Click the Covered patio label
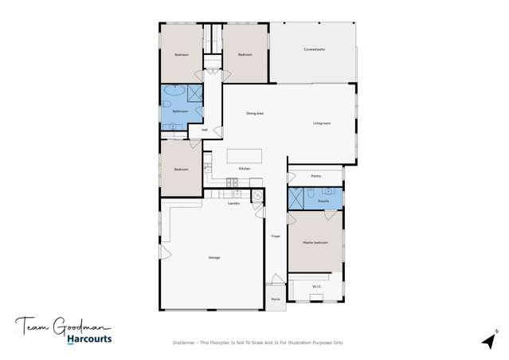tap(315, 49)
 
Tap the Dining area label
tap(255, 114)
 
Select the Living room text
tap(322, 123)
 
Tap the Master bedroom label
tap(316, 241)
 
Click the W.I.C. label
tap(316, 285)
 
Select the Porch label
tap(276, 299)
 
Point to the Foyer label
tap(276, 236)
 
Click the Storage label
tap(214, 258)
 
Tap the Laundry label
tap(234, 204)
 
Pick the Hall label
tap(205, 129)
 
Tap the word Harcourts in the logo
tap(89, 338)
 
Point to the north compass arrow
tap(487, 340)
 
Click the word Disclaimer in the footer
tap(186, 342)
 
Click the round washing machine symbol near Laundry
tap(257, 193)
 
